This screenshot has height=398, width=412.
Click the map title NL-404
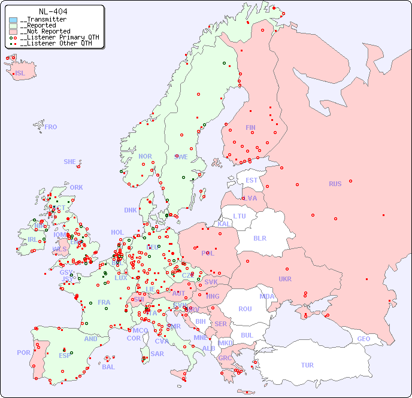tap(53, 11)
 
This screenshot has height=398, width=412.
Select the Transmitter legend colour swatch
tap(13, 20)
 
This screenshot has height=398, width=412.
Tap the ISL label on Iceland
tap(20, 74)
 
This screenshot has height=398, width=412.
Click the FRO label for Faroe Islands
tap(51, 127)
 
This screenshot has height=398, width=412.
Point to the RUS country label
tap(335, 184)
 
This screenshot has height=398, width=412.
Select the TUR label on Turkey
tap(307, 365)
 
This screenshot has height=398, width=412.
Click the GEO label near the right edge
tap(363, 339)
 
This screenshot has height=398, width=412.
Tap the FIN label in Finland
tap(250, 127)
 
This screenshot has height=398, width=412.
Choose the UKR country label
tap(285, 279)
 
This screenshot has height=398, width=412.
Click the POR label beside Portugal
tap(23, 353)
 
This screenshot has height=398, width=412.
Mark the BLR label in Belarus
tap(259, 238)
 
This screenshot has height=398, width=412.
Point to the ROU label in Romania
tap(245, 309)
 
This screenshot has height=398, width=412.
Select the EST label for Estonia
tap(252, 180)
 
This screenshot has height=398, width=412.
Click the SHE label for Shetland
tap(70, 162)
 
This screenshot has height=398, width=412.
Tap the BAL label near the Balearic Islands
tap(108, 367)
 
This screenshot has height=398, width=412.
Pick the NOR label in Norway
tap(145, 156)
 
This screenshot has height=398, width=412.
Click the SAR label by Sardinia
tap(157, 354)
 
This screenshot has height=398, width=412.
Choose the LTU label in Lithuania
tap(240, 216)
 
